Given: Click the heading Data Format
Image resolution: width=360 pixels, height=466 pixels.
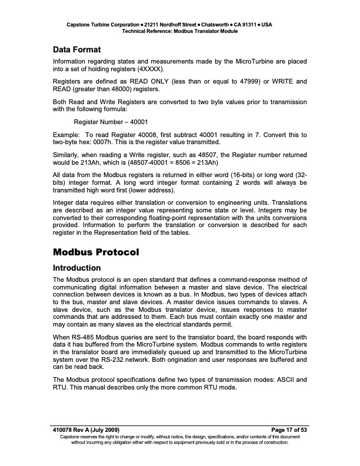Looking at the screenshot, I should [x=77, y=50].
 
